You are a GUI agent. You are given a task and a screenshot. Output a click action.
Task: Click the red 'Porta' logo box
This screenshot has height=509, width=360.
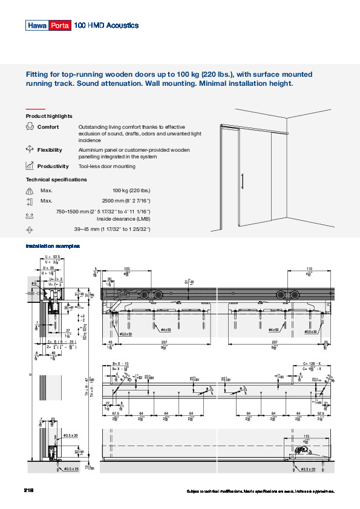coord(60,25)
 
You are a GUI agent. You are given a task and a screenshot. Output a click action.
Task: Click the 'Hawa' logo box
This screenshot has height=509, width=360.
coord(37,25)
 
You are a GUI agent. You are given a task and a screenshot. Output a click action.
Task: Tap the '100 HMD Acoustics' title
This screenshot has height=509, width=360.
coord(106,25)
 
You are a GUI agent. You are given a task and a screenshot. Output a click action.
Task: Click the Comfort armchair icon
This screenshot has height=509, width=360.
coord(30,126)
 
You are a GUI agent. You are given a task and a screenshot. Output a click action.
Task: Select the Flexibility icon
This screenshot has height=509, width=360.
coord(30,149)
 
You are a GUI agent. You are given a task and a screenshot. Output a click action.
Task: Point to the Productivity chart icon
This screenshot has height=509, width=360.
coord(30,166)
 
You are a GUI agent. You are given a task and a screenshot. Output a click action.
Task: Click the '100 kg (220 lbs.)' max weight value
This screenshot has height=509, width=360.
coord(131,190)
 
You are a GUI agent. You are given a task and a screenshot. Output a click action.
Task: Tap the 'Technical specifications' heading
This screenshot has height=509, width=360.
coord(56,180)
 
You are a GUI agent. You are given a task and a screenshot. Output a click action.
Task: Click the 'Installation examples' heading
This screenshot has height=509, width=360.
coord(53,246)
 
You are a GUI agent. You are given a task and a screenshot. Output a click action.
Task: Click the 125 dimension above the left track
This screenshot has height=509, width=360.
coord(126,268)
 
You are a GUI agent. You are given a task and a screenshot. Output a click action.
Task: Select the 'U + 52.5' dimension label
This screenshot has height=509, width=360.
coord(53,257)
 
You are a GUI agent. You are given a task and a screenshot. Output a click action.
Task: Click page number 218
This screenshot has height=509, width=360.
coord(29,490)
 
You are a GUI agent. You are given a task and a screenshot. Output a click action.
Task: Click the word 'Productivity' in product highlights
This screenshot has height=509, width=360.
coord(53,166)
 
